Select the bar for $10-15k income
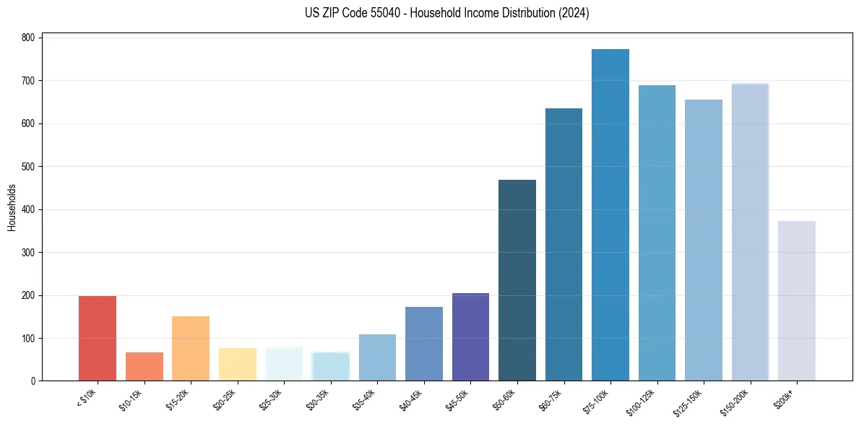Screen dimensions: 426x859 pyautogui.click(x=144, y=366)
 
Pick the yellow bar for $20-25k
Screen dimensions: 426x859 pyautogui.click(x=238, y=364)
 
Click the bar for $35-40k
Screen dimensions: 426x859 pyautogui.click(x=377, y=357)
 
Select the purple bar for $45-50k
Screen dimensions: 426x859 pyautogui.click(x=470, y=336)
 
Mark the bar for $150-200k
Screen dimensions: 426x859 pyautogui.click(x=750, y=232)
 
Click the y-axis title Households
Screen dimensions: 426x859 pyautogui.click(x=12, y=207)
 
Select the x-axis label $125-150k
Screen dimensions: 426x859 pyautogui.click(x=689, y=401)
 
